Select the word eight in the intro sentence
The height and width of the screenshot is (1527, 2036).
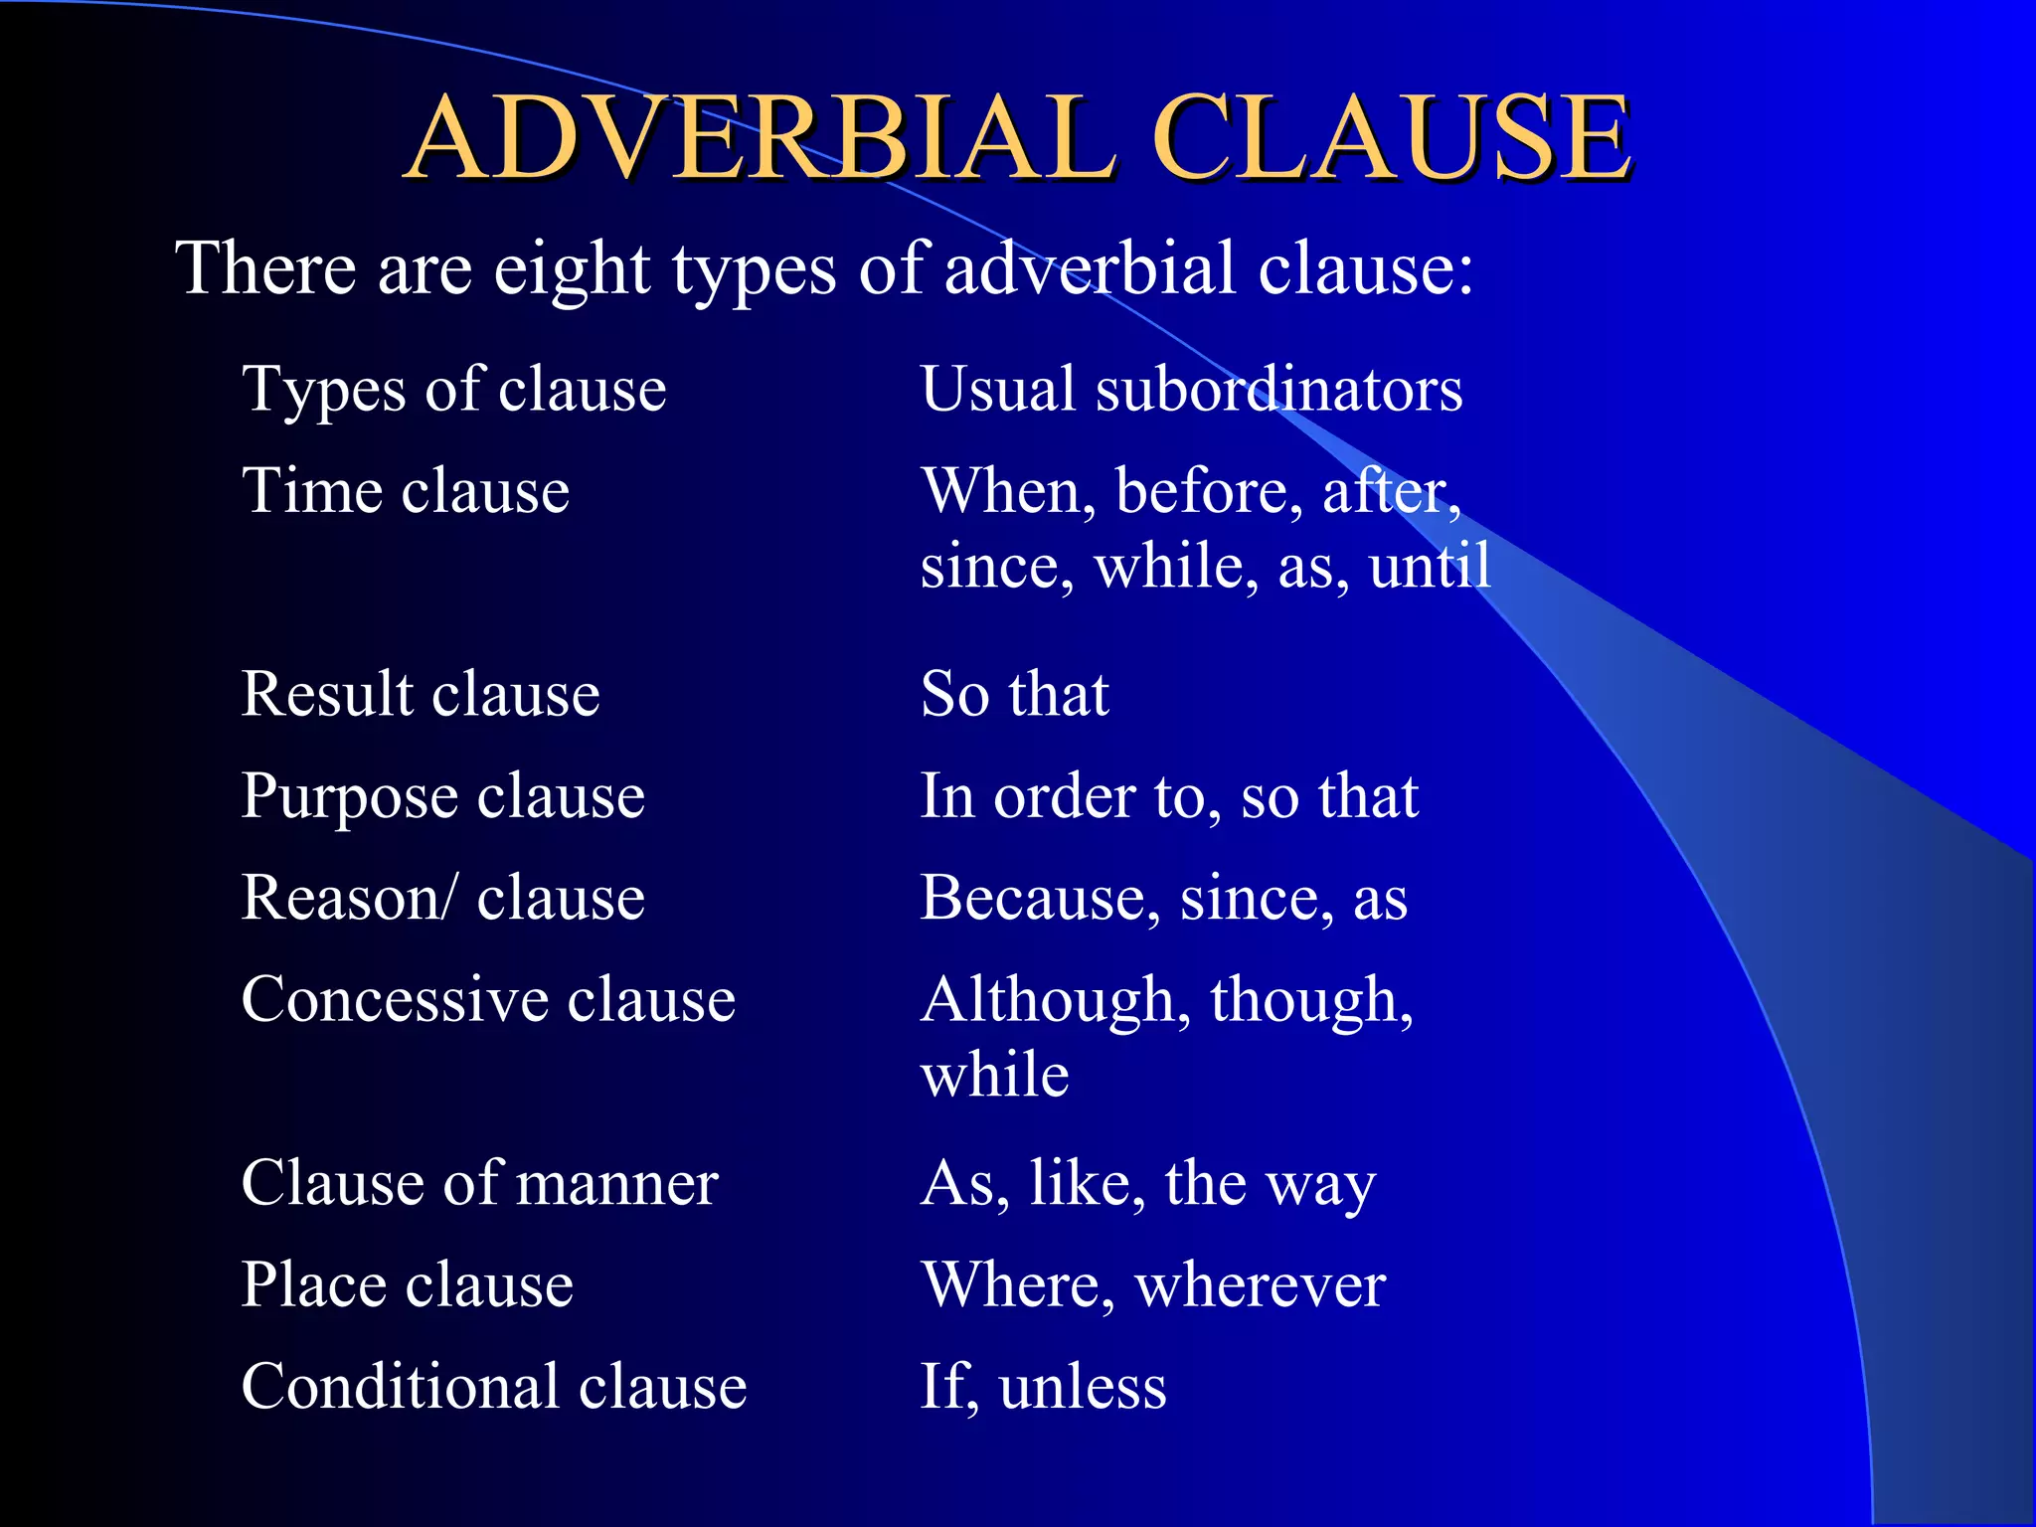coord(571,270)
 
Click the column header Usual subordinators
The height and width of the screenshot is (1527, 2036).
coord(1191,389)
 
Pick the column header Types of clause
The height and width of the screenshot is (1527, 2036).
coord(454,389)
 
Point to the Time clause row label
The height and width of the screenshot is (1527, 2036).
coord(406,491)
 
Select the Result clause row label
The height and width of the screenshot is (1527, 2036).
coord(421,694)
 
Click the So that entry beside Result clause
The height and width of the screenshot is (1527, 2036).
coord(1014,694)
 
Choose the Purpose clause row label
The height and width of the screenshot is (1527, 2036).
coord(443,797)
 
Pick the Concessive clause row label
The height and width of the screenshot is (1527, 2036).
coord(488,1000)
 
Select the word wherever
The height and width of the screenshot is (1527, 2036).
coord(1260,1285)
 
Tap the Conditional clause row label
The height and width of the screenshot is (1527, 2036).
coord(494,1388)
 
